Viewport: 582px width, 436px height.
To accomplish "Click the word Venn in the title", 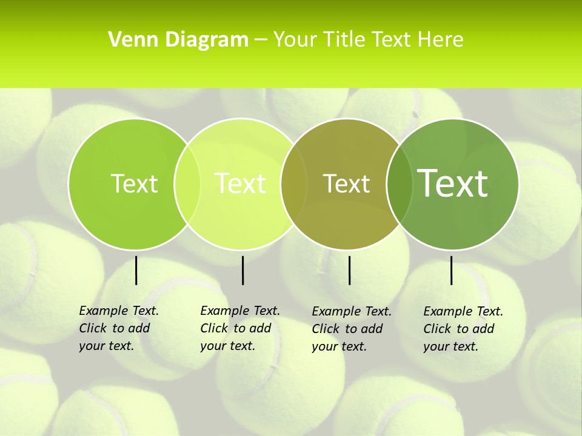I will click(x=130, y=40).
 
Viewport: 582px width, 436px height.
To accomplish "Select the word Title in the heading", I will click(x=344, y=40).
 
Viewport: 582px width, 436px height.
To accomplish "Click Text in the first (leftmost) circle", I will click(x=134, y=183).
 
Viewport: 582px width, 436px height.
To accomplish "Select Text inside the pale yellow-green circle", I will click(x=240, y=183).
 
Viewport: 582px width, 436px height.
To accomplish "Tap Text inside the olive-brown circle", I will click(x=346, y=183).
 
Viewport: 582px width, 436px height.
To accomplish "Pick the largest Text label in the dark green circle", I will click(x=453, y=183).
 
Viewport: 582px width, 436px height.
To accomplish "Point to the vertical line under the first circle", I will click(x=136, y=271).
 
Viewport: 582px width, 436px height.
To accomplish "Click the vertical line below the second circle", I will click(x=242, y=271).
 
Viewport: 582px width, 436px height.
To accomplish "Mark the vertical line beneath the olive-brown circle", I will click(x=350, y=271).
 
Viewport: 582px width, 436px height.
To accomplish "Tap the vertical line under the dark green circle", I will click(x=452, y=271).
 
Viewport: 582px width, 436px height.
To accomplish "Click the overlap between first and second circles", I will click(x=187, y=184).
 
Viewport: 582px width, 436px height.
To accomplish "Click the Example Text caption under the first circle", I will click(x=119, y=328).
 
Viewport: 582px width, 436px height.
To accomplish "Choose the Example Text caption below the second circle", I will click(x=240, y=328).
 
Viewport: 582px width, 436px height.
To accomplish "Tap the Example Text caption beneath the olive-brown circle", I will click(x=352, y=329).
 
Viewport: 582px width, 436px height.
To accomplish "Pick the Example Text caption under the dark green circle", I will click(x=463, y=329).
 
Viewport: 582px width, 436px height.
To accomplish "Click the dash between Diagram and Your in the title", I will click(x=261, y=40).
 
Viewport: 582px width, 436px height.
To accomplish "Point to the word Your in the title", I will click(x=296, y=40).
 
